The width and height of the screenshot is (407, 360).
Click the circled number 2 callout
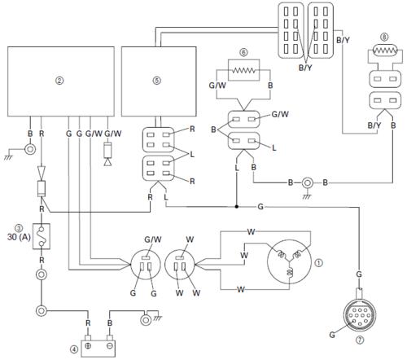[x=59, y=81]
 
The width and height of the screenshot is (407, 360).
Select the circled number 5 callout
[x=157, y=81]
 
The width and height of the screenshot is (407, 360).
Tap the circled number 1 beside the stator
[x=319, y=263]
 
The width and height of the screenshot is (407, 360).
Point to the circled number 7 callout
[x=360, y=340]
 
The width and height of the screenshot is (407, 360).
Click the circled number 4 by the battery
[x=74, y=349]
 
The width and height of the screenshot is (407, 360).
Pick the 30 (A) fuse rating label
[x=19, y=237]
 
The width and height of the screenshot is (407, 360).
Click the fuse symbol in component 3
[x=42, y=236]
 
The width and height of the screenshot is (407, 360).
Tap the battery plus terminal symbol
[x=88, y=346]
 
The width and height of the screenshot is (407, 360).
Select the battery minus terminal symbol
[x=110, y=346]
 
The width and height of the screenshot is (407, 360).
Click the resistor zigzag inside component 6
[x=243, y=71]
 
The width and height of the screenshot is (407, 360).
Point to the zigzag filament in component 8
[x=385, y=50]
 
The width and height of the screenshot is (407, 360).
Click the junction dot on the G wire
[x=237, y=207]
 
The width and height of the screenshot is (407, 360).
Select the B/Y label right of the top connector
[x=343, y=41]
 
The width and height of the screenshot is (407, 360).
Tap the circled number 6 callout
[x=243, y=52]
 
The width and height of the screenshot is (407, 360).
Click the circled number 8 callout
[x=384, y=37]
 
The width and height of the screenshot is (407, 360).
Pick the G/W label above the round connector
[x=153, y=239]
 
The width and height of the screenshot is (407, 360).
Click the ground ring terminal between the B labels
[x=307, y=183]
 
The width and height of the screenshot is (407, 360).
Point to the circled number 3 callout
[x=19, y=227]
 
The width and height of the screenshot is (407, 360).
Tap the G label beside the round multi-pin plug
[x=332, y=335]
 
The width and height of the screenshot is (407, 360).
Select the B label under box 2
[x=30, y=134]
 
